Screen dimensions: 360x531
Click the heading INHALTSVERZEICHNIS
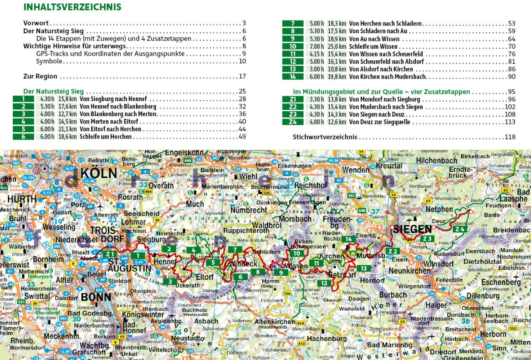coord(72,7)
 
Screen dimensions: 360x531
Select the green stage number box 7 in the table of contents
coord(293,23)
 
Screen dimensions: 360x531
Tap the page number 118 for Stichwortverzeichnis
coord(510,137)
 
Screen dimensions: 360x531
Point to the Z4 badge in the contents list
coord(293,122)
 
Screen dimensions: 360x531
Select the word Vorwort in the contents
coord(36,23)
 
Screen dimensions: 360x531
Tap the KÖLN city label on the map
coord(99,174)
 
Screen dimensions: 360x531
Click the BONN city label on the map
coord(96,297)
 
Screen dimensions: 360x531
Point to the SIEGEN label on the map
coord(413,229)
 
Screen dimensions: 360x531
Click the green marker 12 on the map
coord(324,283)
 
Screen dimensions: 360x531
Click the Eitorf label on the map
coord(205,276)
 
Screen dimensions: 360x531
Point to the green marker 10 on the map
coord(297,253)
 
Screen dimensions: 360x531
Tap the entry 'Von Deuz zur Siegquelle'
coord(382,122)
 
